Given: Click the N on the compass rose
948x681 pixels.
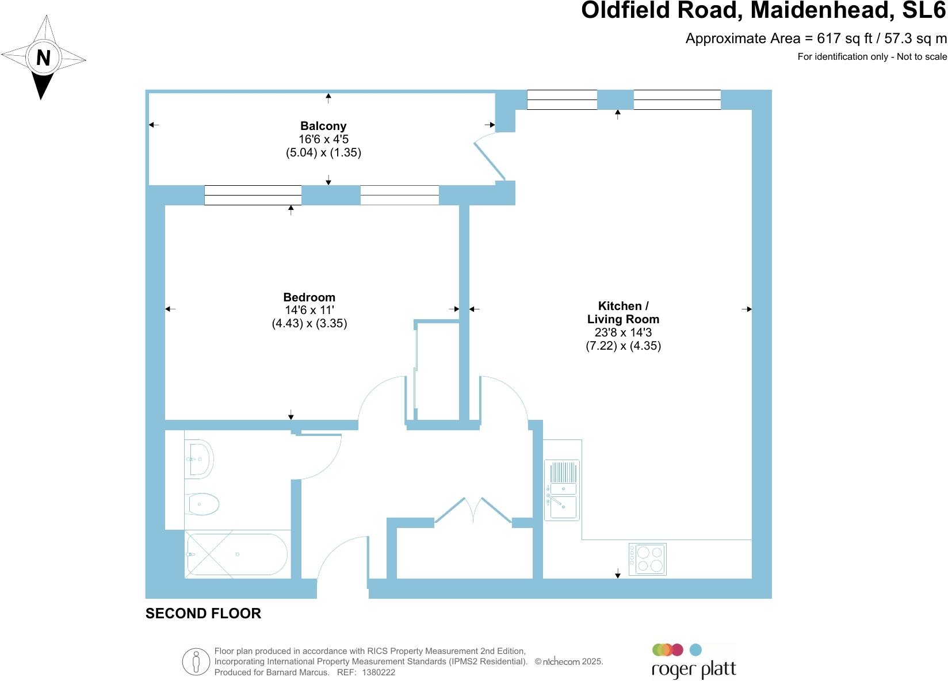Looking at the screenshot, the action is [x=43, y=58].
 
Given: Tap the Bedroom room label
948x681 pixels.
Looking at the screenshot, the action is [x=309, y=297].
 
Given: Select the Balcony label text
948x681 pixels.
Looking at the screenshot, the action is [x=323, y=126].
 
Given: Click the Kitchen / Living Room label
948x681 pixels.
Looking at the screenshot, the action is [x=623, y=312].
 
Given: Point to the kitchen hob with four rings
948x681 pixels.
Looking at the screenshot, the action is [x=648, y=559].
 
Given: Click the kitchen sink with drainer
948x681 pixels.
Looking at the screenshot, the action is [x=562, y=490].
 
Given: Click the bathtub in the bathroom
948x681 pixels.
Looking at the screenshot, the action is [x=236, y=554].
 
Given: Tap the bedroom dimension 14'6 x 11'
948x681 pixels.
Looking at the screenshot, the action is [x=309, y=311].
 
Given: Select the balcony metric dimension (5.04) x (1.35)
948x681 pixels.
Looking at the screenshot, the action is [x=323, y=152].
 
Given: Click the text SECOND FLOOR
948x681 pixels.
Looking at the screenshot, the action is [x=203, y=614].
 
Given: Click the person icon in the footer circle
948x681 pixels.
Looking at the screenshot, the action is [x=196, y=661].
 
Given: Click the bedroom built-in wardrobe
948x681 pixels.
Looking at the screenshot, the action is [x=438, y=371].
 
